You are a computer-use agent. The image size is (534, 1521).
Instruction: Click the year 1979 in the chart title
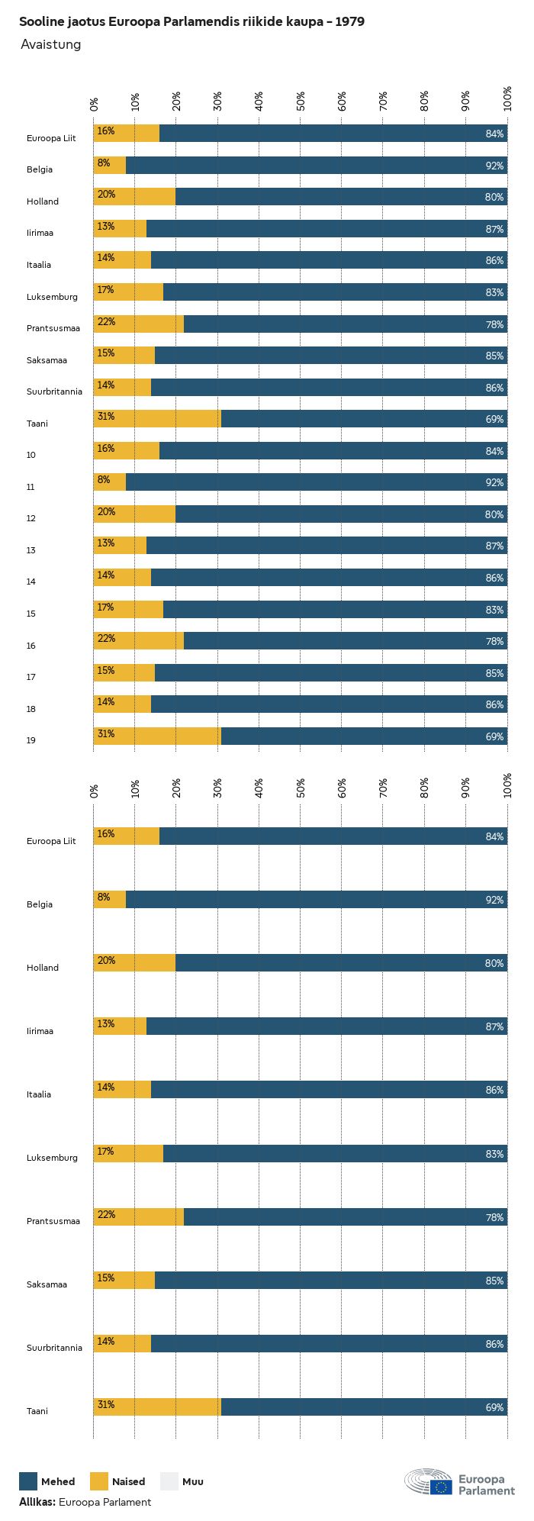349,22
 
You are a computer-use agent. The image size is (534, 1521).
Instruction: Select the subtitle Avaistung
50,44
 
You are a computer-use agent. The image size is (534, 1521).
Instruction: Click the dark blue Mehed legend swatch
28,1481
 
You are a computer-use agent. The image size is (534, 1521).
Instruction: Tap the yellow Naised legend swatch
99,1481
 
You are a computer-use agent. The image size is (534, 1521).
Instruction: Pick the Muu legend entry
169,1481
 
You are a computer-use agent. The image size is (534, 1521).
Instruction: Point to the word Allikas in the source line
37,1502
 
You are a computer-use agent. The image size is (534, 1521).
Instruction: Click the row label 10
31,455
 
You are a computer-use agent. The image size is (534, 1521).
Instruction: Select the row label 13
31,550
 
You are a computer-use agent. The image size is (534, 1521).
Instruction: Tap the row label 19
31,740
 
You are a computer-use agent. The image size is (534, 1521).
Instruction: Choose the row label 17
31,677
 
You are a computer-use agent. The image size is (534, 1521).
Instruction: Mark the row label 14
31,582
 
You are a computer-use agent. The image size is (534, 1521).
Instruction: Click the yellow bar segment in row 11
110,482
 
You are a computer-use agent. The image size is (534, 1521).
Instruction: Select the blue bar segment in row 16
345,641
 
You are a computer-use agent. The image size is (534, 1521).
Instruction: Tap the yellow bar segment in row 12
134,514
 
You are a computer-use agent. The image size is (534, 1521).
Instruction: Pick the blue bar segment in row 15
335,609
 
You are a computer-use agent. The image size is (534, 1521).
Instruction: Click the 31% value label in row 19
106,734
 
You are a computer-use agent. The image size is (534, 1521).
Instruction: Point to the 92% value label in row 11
494,483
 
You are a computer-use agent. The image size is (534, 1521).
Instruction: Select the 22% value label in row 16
106,639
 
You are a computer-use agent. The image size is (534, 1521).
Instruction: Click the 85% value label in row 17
494,673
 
